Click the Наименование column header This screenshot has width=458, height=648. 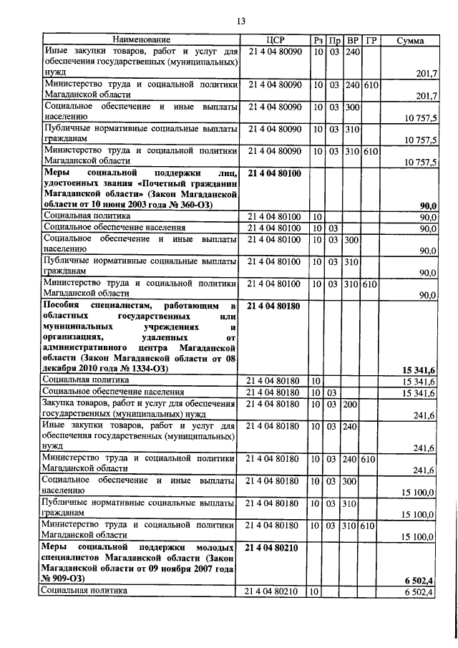(141, 41)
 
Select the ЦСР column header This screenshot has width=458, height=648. (275, 41)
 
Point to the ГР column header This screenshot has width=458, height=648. (371, 41)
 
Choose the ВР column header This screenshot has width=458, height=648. (352, 41)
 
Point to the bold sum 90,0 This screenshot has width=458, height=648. (428, 205)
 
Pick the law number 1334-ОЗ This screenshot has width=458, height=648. (145, 369)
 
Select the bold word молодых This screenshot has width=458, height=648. (213, 547)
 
